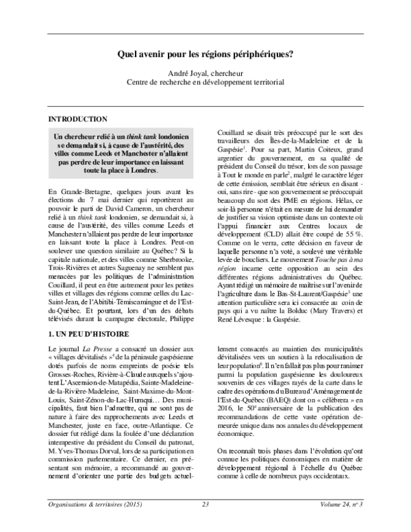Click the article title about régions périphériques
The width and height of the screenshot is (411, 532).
206,52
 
